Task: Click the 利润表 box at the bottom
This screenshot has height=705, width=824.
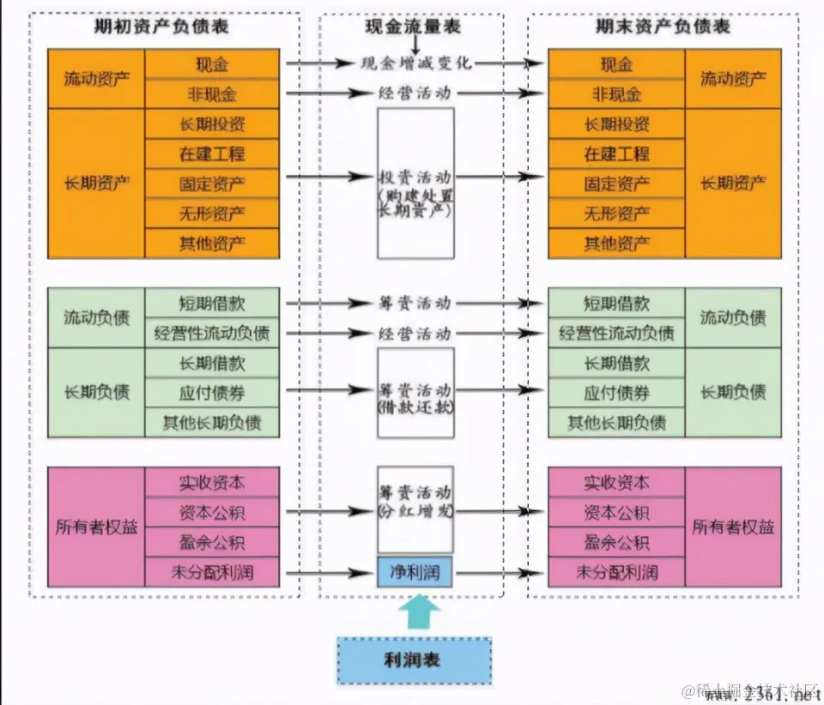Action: click(x=414, y=660)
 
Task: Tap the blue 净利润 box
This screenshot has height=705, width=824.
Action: click(x=415, y=572)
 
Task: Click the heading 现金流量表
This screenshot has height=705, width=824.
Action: click(x=412, y=27)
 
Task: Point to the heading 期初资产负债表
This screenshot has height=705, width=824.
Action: click(x=162, y=27)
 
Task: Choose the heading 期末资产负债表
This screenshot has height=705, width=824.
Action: click(x=663, y=27)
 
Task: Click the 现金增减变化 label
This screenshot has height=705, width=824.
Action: click(x=415, y=63)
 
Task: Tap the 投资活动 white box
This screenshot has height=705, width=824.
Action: click(x=415, y=183)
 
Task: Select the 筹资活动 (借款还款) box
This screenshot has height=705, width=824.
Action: click(x=415, y=391)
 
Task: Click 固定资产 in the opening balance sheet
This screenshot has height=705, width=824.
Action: click(x=212, y=183)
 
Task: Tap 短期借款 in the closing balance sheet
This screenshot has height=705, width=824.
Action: click(x=616, y=304)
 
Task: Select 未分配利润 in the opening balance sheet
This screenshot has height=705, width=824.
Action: click(x=212, y=572)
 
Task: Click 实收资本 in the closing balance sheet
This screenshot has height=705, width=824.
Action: click(x=616, y=483)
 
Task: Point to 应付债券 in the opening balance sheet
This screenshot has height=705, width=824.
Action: click(x=212, y=393)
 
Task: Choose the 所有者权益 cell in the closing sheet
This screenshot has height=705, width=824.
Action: click(x=733, y=527)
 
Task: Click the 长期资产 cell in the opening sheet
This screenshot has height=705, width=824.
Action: click(x=96, y=183)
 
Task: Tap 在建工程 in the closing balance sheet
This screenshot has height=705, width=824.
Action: click(x=616, y=154)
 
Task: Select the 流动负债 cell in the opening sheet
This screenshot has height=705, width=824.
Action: click(x=96, y=318)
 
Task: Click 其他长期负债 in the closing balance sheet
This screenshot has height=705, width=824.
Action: click(x=616, y=423)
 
